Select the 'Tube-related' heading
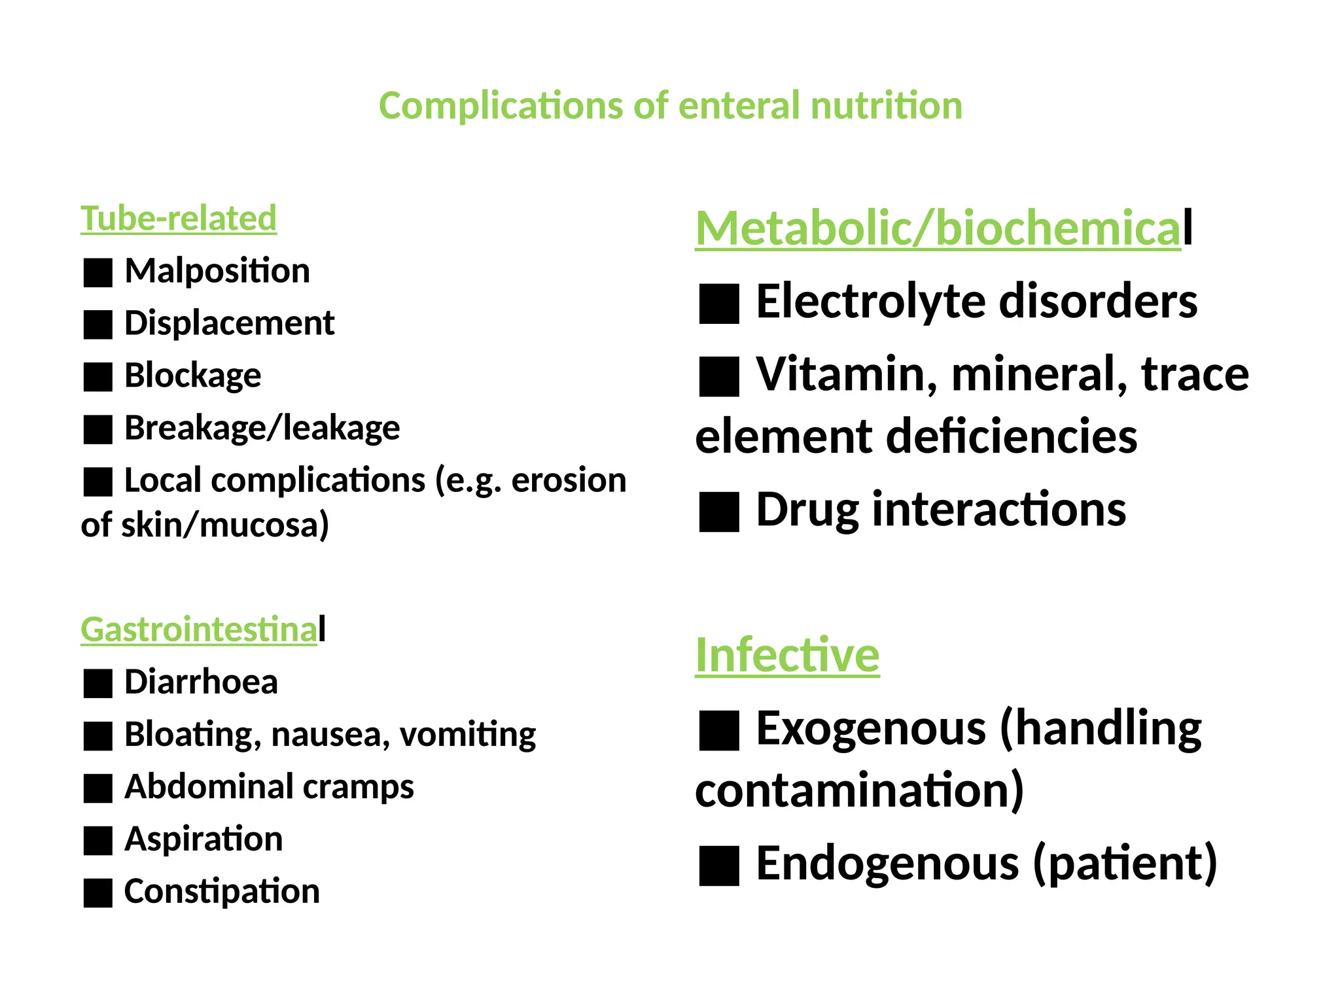(178, 219)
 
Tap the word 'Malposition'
(217, 271)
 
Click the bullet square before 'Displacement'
(98, 325)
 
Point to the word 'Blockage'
(192, 376)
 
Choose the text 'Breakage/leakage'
(262, 429)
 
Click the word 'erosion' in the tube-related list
(569, 481)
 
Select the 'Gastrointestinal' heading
(203, 629)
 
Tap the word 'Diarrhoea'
(201, 682)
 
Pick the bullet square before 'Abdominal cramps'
(98, 788)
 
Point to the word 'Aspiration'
(203, 839)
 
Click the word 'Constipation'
(222, 892)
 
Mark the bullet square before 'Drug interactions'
(719, 512)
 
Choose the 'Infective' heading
(787, 655)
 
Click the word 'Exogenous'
(871, 728)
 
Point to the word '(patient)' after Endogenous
(1125, 864)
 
